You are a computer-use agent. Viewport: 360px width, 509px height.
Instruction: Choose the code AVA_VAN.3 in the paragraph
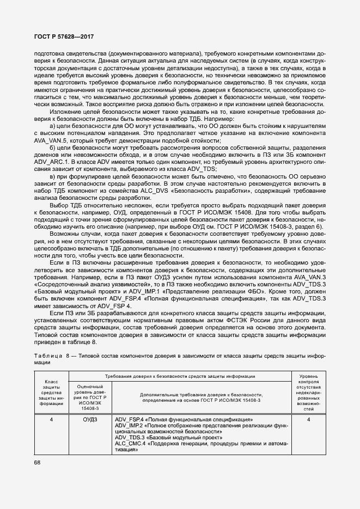pyautogui.click(x=309, y=277)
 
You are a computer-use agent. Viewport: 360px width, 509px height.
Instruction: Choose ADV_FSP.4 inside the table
pyautogui.click(x=129, y=420)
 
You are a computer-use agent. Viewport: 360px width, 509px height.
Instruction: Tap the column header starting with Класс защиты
pyautogui.click(x=51, y=392)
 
